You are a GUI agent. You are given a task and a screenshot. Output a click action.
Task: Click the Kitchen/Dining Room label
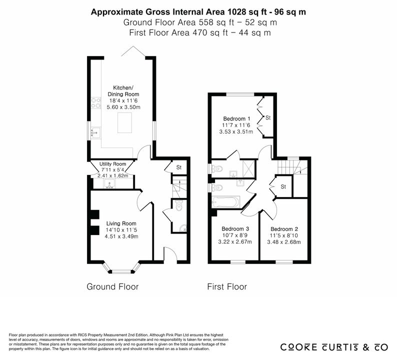coord(123,91)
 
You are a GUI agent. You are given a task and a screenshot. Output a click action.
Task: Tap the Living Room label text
coord(121,223)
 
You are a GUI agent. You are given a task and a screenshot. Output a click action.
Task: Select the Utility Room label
coord(112,164)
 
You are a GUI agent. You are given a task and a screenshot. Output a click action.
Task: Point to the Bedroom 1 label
coord(236,118)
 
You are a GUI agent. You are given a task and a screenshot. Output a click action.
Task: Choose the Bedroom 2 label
coord(284,229)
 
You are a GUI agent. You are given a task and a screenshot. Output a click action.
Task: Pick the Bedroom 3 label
coord(235,229)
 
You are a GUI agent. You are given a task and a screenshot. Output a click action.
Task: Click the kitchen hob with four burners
coord(96,103)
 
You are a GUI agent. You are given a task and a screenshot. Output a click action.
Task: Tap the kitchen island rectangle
coord(124,123)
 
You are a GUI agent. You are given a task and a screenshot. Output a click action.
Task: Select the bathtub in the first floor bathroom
coord(226,202)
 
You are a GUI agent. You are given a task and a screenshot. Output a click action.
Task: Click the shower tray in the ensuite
coord(248,168)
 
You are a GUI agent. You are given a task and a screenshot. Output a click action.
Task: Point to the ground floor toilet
coord(179,205)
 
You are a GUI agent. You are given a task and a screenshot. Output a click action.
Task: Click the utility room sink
coord(109,183)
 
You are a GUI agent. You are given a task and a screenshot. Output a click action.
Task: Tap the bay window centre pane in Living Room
coord(121,272)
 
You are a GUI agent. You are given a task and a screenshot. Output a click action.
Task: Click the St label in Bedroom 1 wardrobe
coord(268,117)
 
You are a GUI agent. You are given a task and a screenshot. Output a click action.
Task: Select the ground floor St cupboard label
coord(179,167)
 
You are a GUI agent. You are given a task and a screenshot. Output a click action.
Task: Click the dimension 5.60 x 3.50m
coord(123,107)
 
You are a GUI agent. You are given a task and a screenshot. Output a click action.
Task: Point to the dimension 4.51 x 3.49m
coord(121,236)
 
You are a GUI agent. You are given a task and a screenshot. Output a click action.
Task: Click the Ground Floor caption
coord(112,286)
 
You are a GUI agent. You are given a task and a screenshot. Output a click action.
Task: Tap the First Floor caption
coord(227,286)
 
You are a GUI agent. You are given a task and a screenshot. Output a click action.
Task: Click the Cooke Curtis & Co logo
coord(334,347)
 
